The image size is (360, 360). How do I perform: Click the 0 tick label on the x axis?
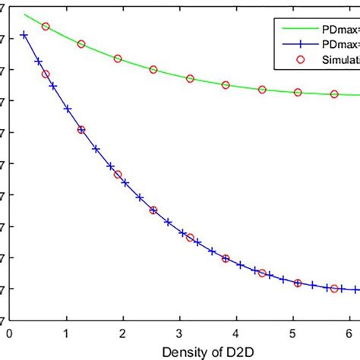coord(10,332)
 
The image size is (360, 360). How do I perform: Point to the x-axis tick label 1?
coord(67,332)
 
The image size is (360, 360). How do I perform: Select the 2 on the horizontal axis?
coord(123,332)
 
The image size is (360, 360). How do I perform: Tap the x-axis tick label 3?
coord(180,332)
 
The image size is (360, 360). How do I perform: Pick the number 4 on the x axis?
coord(237,332)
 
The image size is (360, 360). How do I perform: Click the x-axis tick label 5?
coord(293,332)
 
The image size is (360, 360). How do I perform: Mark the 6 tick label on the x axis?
coord(349,332)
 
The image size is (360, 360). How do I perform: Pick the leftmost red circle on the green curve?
coord(46,27)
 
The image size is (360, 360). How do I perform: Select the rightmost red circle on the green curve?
coord(334,94)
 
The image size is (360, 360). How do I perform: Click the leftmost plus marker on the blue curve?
coord(24,35)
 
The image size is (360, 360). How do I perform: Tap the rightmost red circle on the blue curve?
coord(334,289)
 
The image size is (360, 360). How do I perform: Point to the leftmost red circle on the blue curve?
coord(46,74)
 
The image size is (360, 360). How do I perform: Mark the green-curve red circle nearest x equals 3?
coord(190,79)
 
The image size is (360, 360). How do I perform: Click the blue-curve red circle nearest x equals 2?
coord(118,175)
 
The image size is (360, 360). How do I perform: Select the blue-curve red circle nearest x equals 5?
coord(298,283)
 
